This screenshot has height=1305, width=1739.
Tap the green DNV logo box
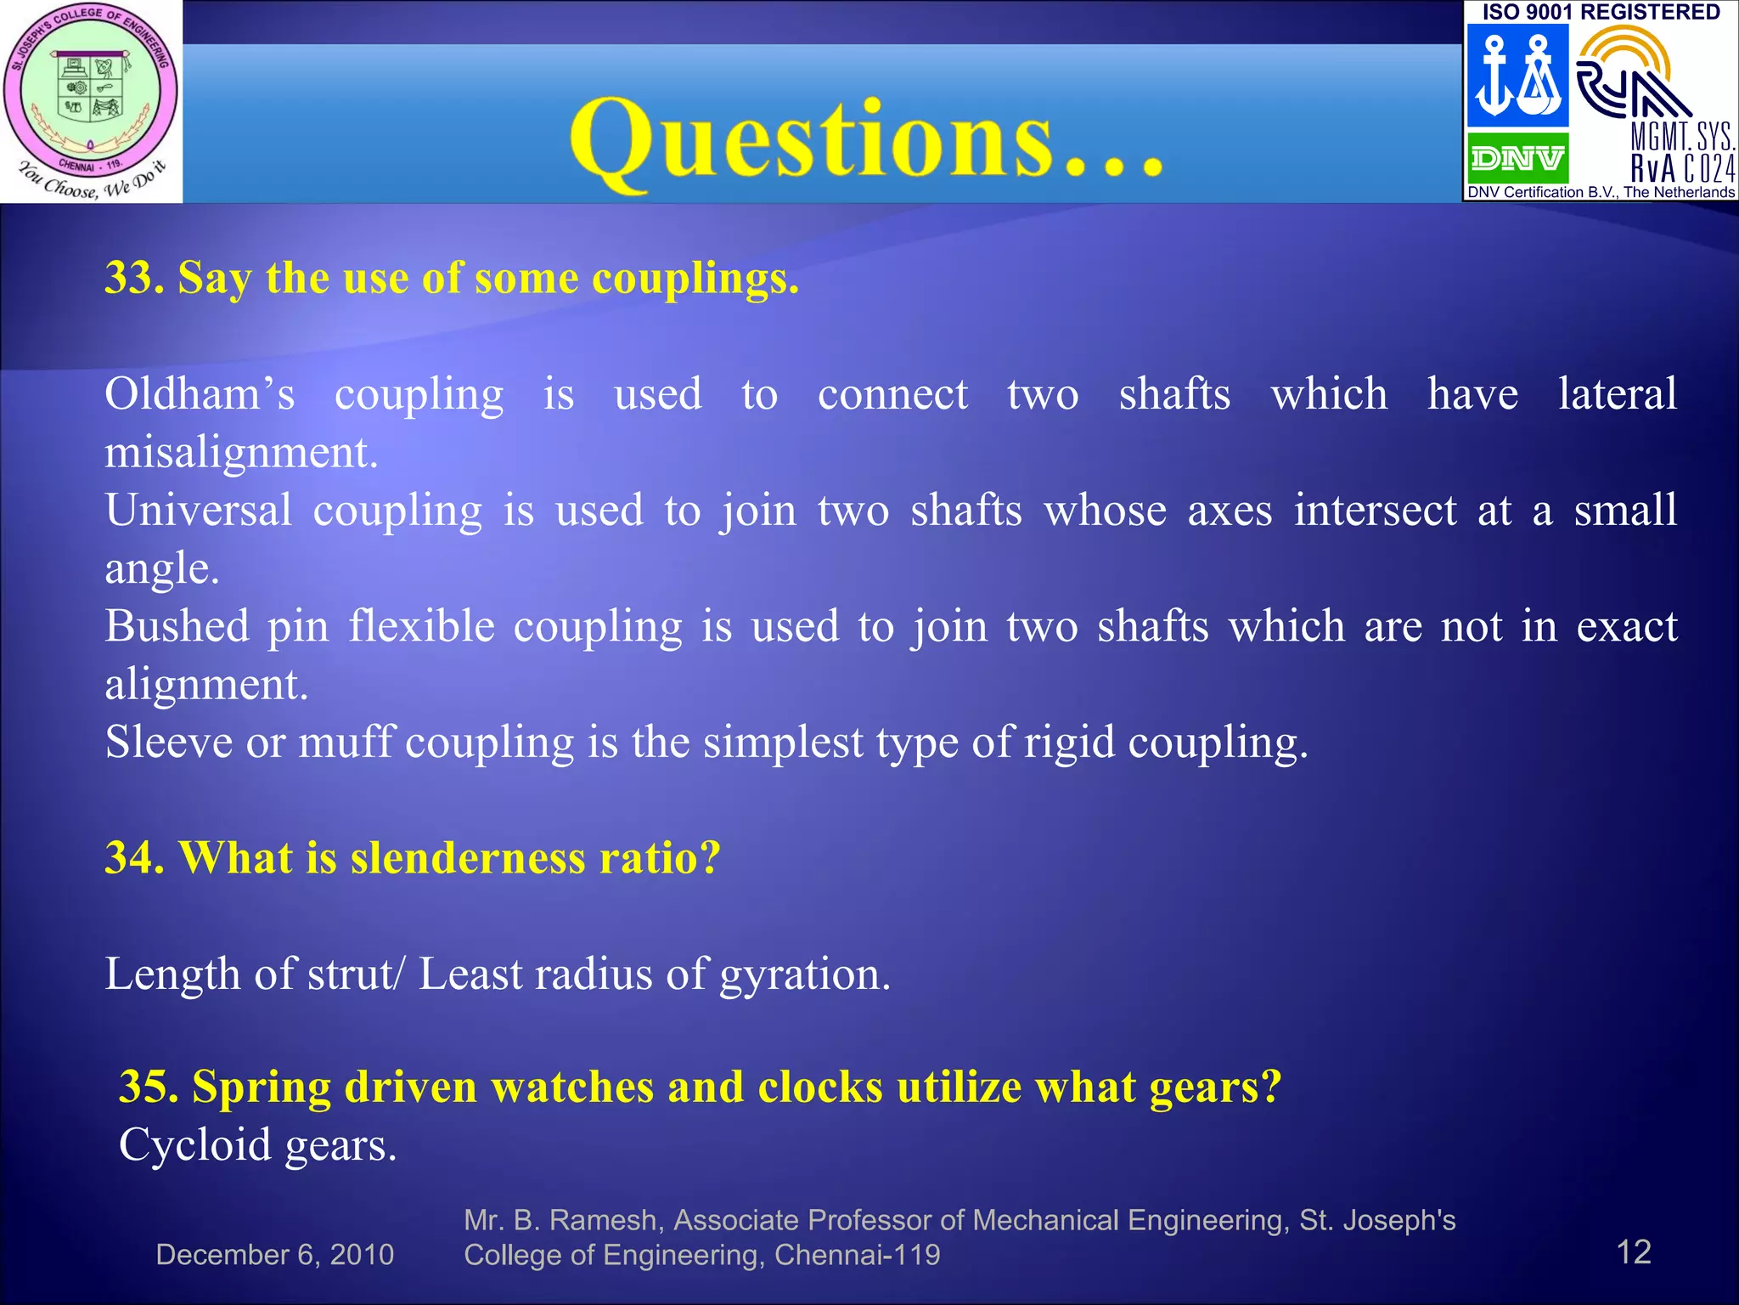click(x=1517, y=158)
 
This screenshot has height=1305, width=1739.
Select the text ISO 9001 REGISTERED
click(x=1601, y=12)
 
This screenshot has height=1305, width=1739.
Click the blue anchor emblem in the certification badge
click(x=1517, y=75)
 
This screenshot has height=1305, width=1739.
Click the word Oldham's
click(x=200, y=395)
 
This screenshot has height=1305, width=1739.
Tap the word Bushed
click(x=177, y=627)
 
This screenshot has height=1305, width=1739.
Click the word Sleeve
click(x=168, y=743)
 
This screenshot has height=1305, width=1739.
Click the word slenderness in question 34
click(x=468, y=858)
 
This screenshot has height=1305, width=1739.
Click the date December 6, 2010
click(x=274, y=1255)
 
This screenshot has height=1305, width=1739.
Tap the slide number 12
click(x=1633, y=1252)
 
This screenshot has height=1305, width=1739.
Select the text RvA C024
click(x=1682, y=169)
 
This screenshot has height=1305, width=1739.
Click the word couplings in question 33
click(x=695, y=278)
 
